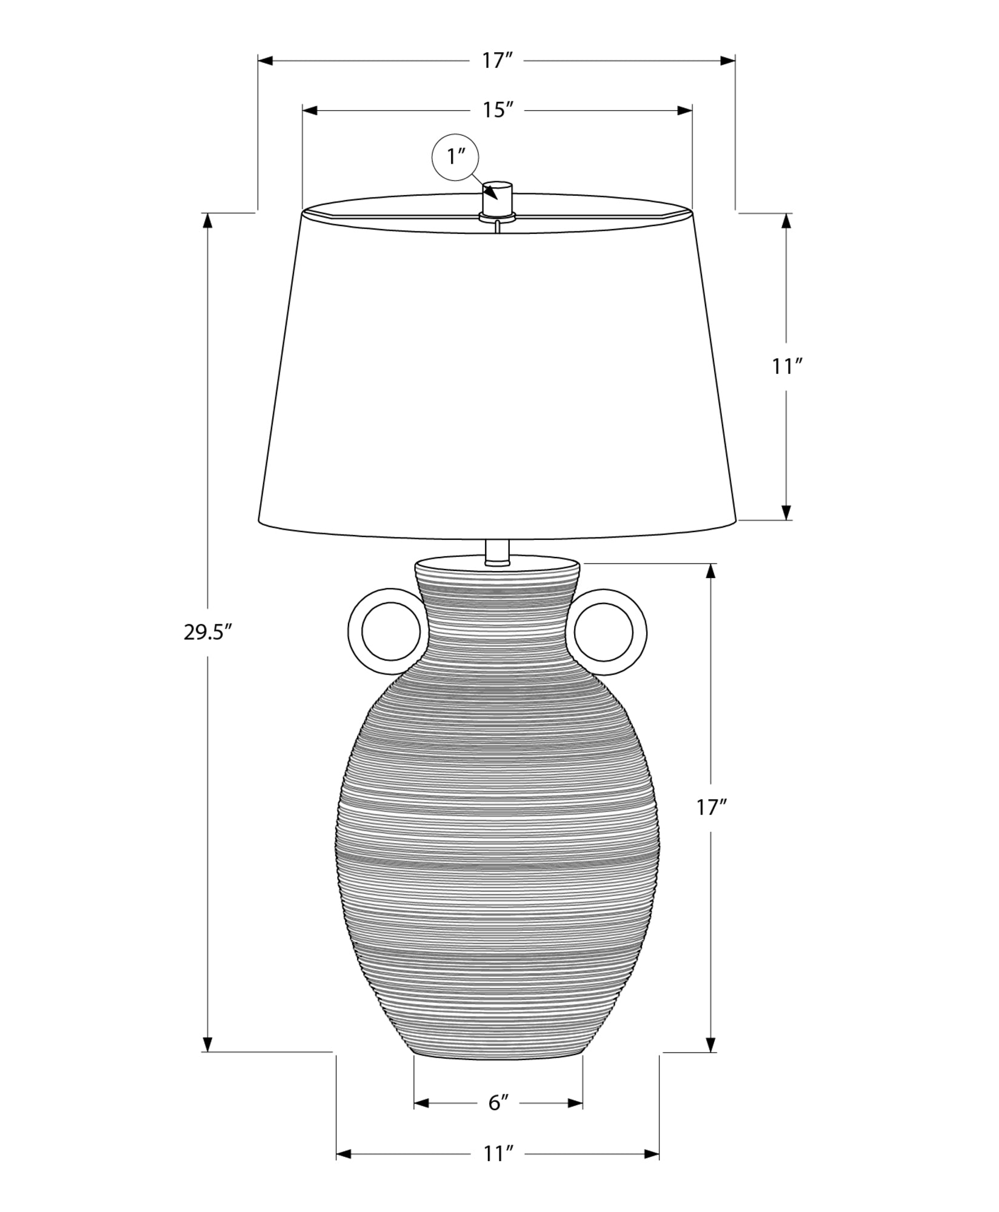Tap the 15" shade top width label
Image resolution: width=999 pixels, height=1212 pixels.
tap(498, 110)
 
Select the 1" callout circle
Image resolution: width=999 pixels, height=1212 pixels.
tap(455, 157)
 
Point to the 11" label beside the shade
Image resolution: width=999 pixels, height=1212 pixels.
tap(787, 367)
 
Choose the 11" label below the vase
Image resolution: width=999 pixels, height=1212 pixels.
tap(498, 1171)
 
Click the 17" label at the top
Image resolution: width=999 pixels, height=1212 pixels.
tap(498, 61)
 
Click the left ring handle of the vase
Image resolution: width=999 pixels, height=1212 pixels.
tap(384, 631)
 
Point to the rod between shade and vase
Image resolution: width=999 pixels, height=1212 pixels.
tap(498, 551)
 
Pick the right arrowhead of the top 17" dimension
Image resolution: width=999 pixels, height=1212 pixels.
tap(727, 61)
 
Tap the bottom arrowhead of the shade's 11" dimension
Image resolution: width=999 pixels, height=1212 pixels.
tap(787, 512)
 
